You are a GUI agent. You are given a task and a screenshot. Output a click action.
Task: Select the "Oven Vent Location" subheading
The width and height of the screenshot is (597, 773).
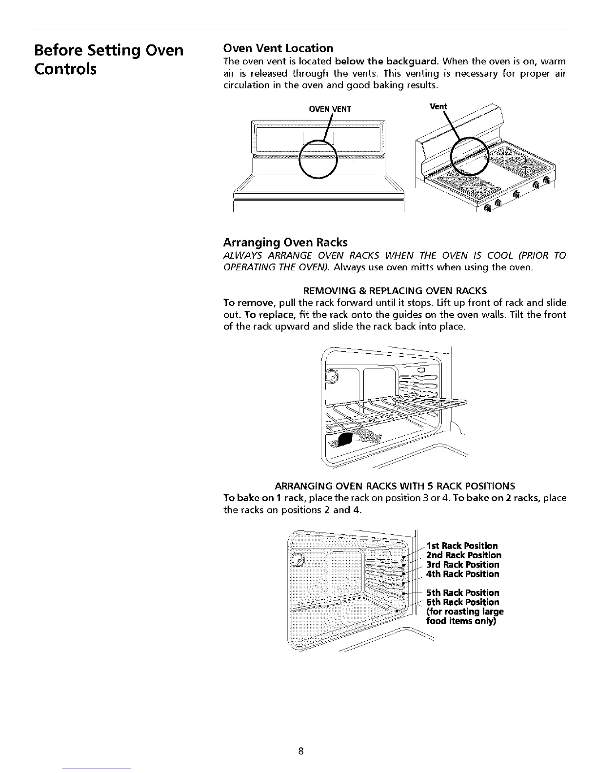point(278,48)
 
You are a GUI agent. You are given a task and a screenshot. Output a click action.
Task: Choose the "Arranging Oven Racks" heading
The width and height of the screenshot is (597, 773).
point(285,242)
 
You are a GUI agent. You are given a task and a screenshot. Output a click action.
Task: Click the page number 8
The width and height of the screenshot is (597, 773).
point(301,751)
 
